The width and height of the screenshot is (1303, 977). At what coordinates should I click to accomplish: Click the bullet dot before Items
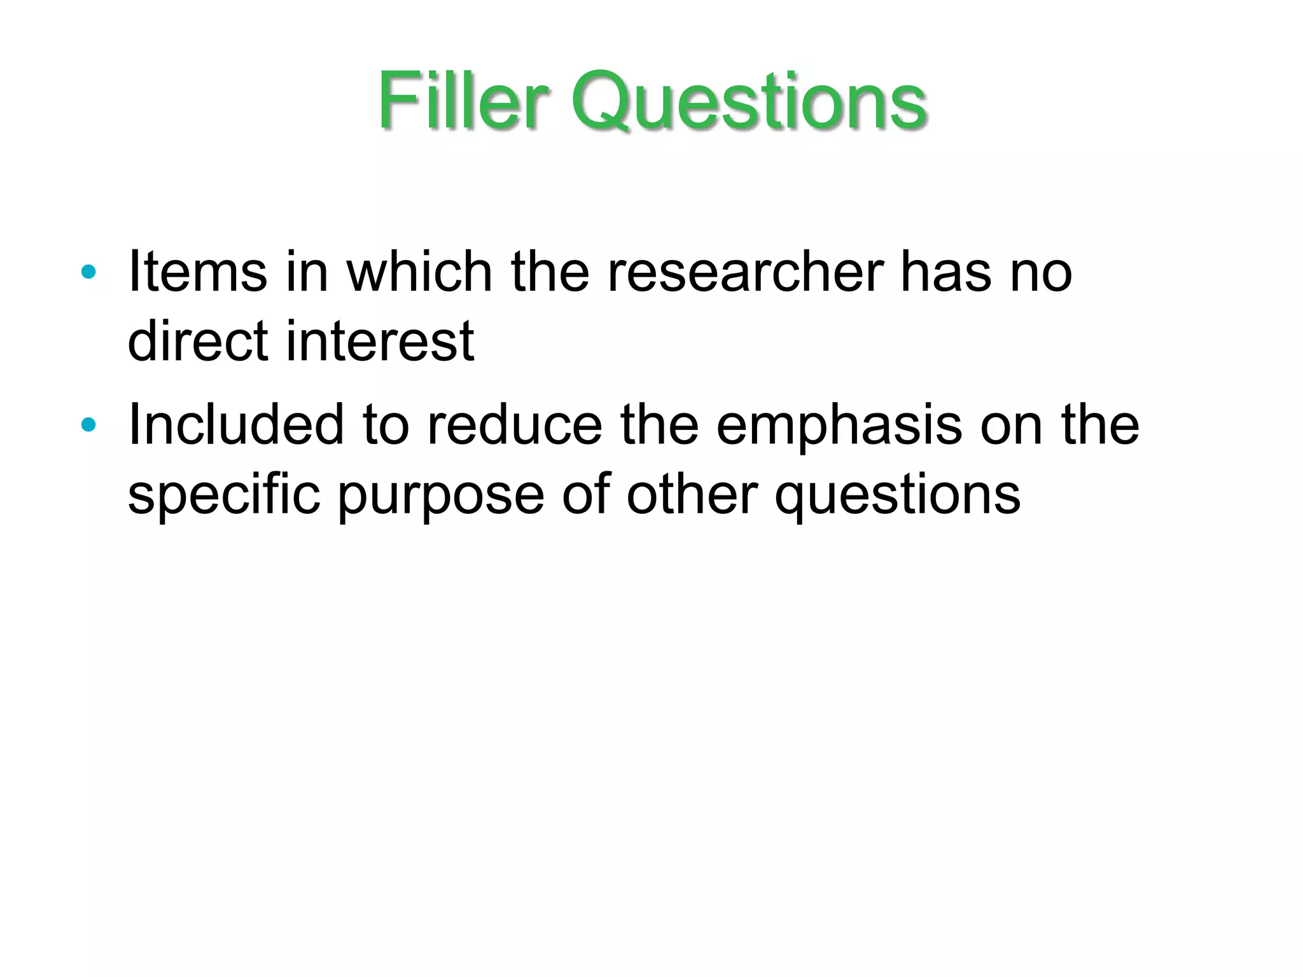pyautogui.click(x=88, y=272)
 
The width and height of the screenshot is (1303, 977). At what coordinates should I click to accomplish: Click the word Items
pyautogui.click(x=197, y=272)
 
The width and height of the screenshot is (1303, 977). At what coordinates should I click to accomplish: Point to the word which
pyautogui.click(x=419, y=272)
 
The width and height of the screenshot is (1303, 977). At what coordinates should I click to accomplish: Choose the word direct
pyautogui.click(x=198, y=342)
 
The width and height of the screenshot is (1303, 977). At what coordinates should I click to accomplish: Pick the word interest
pyautogui.click(x=380, y=342)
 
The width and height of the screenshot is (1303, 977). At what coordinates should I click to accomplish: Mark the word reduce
pyautogui.click(x=514, y=426)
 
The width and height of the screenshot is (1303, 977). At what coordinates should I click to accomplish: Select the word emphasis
pyautogui.click(x=839, y=426)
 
